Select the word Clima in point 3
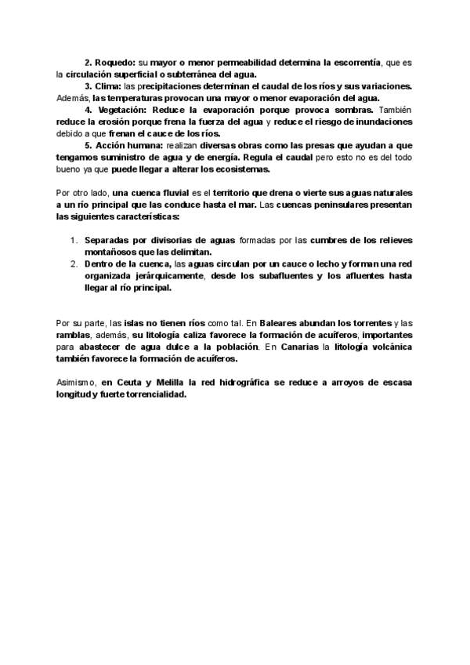(108, 85)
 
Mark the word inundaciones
(384, 123)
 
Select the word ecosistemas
(240, 169)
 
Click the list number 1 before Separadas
(75, 239)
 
